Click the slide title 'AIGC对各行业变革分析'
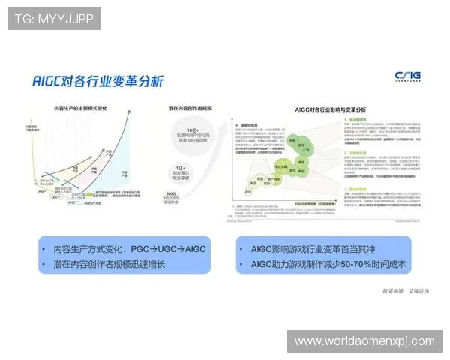(97, 80)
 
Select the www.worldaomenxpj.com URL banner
(364, 340)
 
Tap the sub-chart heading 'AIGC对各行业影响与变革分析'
(328, 109)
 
